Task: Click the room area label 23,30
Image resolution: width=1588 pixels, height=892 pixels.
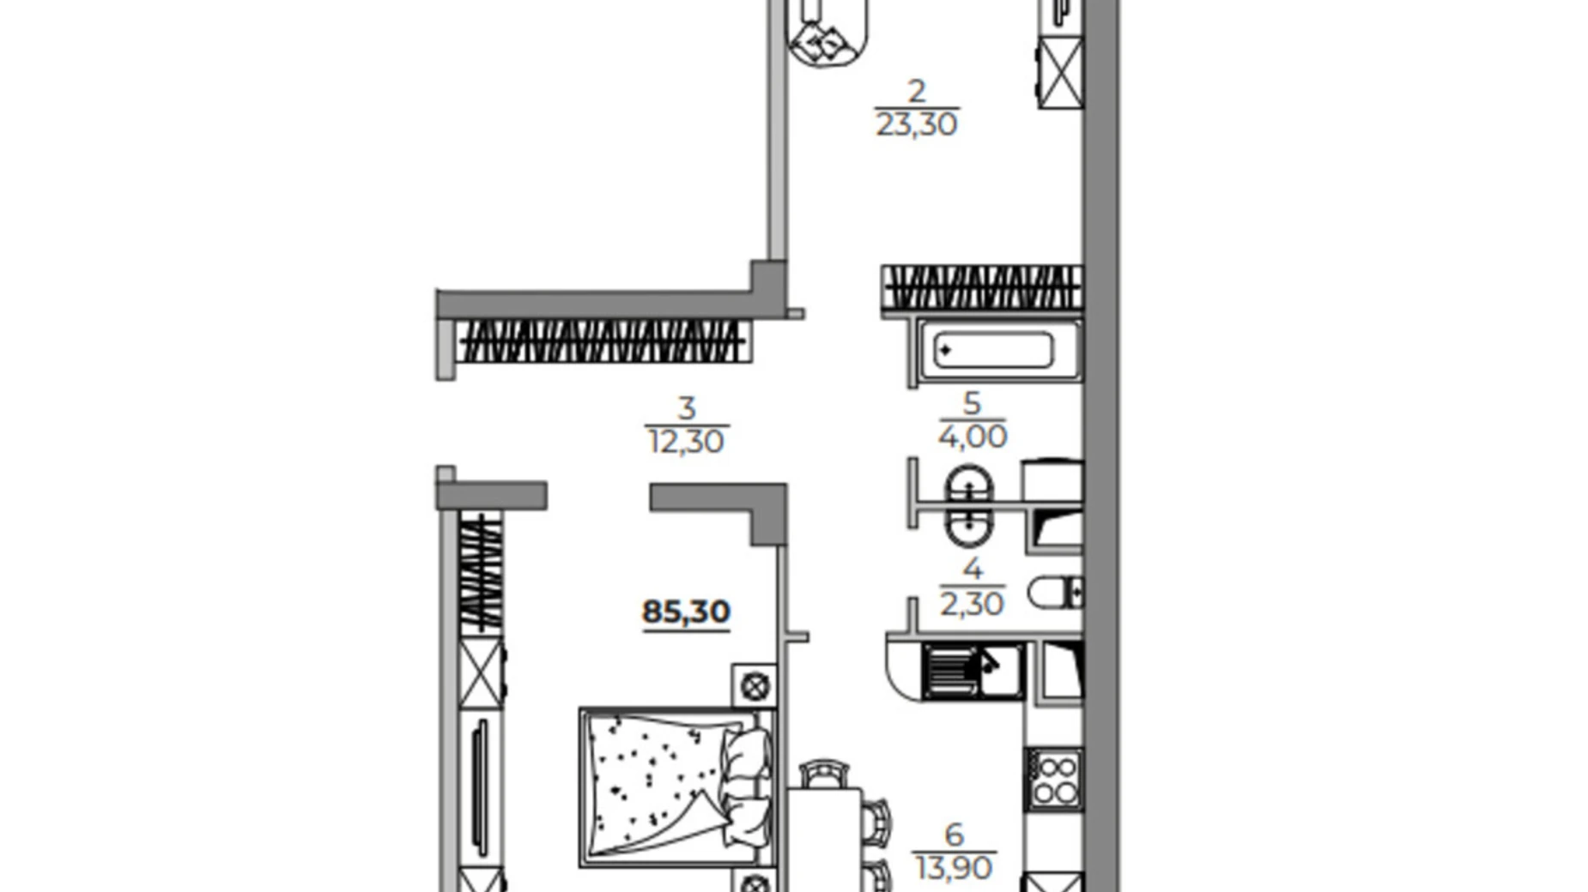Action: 916,125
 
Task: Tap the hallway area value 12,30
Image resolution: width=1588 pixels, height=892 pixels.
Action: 686,442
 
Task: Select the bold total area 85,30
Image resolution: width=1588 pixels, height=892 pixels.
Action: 686,612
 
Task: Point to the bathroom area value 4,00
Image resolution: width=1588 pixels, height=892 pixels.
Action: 972,437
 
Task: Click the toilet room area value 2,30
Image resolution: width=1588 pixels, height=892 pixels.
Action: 972,605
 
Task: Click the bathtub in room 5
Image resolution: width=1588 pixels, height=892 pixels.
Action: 993,351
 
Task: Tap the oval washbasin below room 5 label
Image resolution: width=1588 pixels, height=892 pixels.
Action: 970,505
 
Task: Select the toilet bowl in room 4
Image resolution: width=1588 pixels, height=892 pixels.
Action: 1054,592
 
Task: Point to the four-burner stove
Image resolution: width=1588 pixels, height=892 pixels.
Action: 1054,779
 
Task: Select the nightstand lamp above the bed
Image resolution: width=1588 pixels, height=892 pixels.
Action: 755,685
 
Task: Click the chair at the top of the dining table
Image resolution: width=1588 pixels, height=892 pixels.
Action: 824,774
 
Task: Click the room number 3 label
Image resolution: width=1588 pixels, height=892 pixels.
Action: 686,407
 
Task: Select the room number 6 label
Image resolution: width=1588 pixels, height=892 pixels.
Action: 953,833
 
